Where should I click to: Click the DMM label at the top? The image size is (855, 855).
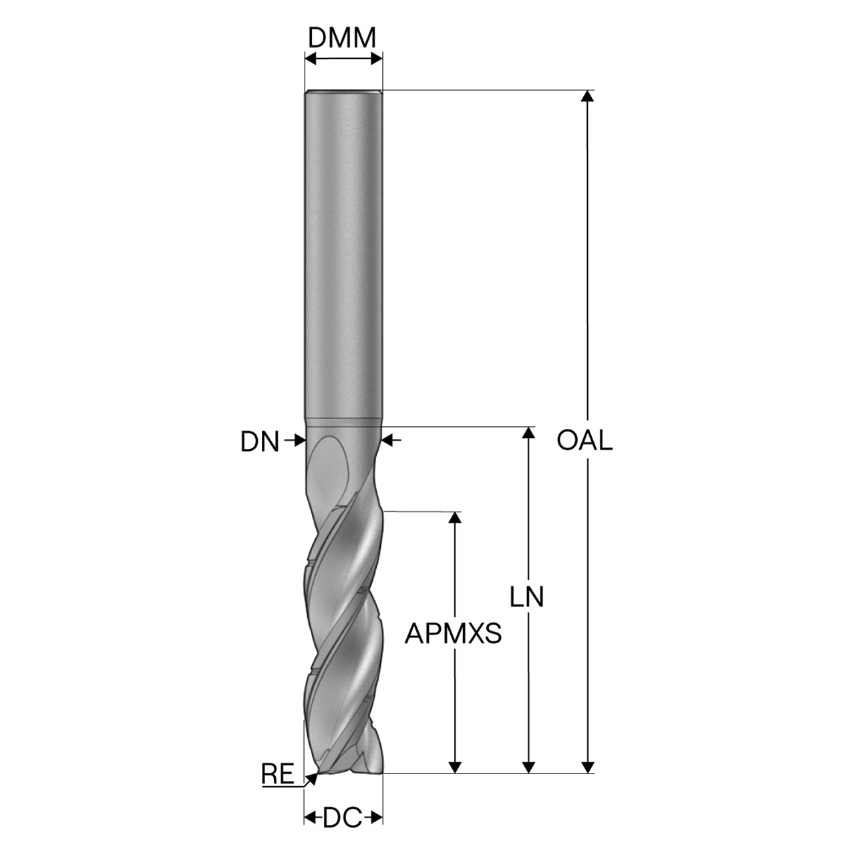pyautogui.click(x=341, y=37)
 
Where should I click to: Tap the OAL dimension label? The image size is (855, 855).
pyautogui.click(x=584, y=441)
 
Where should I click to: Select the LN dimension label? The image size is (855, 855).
pyautogui.click(x=526, y=597)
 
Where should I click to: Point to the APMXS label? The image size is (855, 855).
pyautogui.click(x=453, y=634)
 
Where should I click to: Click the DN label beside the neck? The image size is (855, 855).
pyautogui.click(x=260, y=442)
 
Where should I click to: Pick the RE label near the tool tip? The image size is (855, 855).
pyautogui.click(x=278, y=774)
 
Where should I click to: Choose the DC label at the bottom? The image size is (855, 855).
pyautogui.click(x=342, y=818)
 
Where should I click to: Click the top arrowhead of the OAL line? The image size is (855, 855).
pyautogui.click(x=587, y=96)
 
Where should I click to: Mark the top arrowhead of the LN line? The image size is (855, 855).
pyautogui.click(x=528, y=432)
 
